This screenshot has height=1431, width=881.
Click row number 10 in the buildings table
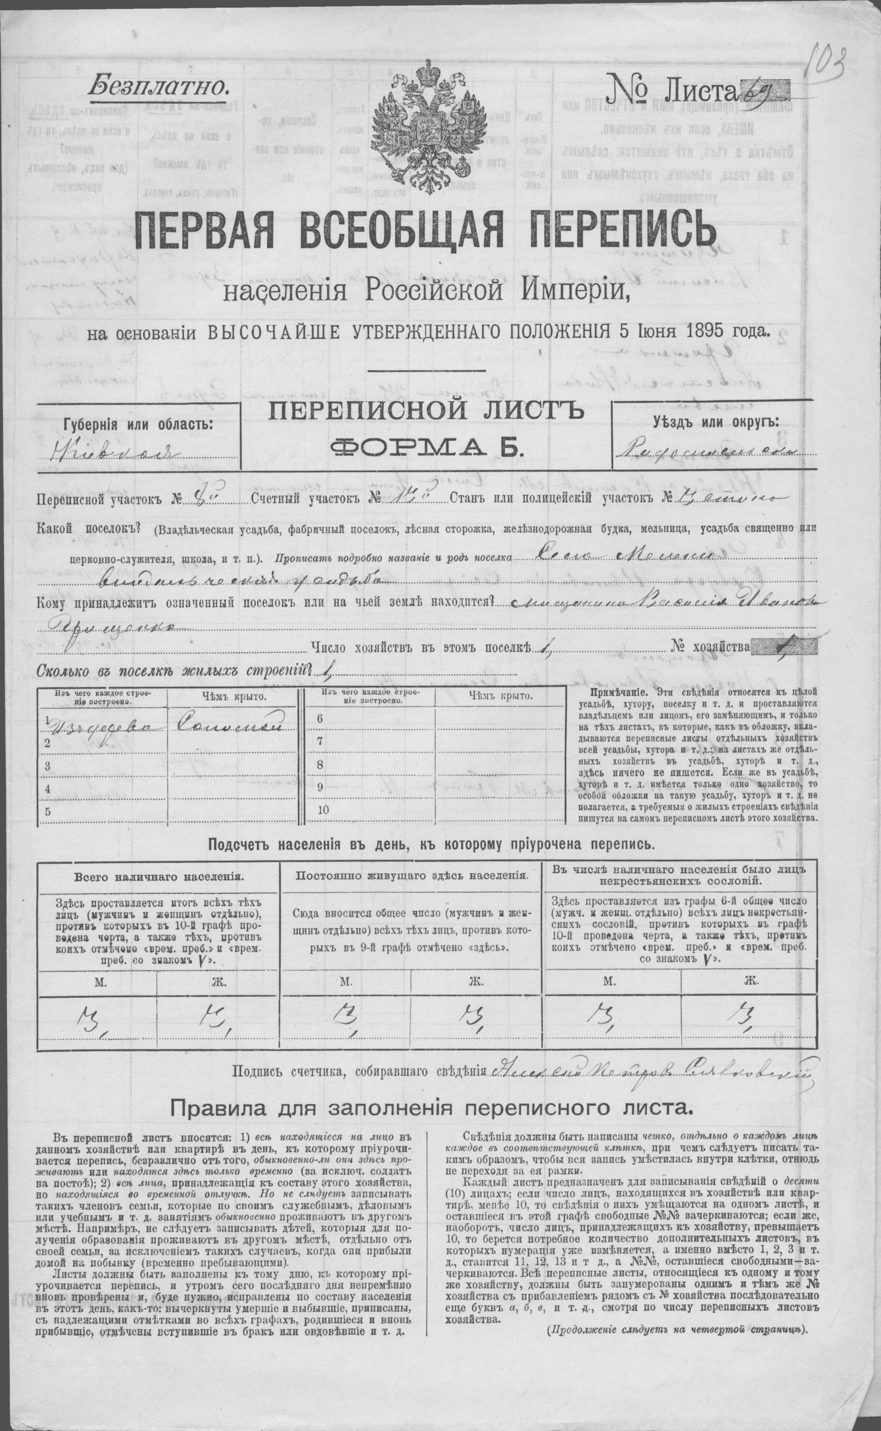323,810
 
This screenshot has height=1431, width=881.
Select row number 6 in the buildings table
320,718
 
